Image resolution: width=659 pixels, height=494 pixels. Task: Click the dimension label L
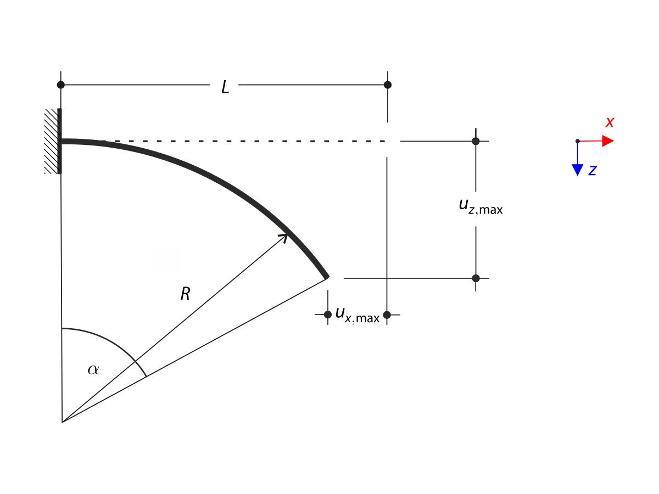pyautogui.click(x=225, y=87)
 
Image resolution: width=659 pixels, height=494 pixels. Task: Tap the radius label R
pyautogui.click(x=185, y=294)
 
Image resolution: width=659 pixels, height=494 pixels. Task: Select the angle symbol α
pyautogui.click(x=93, y=369)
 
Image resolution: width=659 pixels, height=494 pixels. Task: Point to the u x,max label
pyautogui.click(x=357, y=315)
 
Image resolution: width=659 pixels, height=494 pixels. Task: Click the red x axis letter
pyautogui.click(x=609, y=122)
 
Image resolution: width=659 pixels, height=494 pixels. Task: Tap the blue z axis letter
pyautogui.click(x=592, y=171)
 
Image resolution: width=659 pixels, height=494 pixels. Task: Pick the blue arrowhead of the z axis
pyautogui.click(x=577, y=170)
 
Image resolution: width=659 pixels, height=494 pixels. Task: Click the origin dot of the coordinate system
pyautogui.click(x=577, y=141)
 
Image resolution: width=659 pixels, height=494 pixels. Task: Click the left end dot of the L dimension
pyautogui.click(x=61, y=85)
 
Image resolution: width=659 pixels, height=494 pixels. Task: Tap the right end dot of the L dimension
pyautogui.click(x=388, y=85)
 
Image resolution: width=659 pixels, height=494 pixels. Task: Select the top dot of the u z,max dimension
pyautogui.click(x=476, y=141)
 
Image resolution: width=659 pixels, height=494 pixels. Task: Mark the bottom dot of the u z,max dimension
pyautogui.click(x=476, y=278)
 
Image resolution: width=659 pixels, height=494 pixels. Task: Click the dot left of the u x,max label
pyautogui.click(x=327, y=315)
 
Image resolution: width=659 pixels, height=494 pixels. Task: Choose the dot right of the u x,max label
pyautogui.click(x=387, y=315)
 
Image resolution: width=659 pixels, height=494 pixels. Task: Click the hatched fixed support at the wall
pyautogui.click(x=52, y=141)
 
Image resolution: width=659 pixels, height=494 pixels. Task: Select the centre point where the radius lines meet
pyautogui.click(x=63, y=422)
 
